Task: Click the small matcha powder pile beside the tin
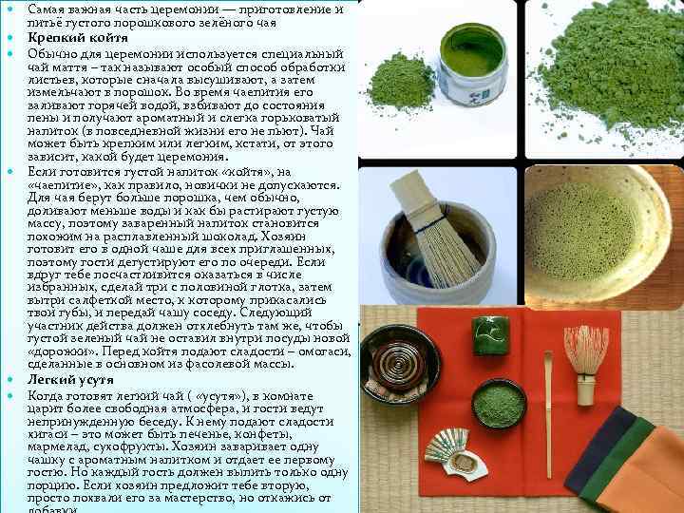point(400,81)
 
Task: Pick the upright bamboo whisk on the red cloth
point(586,362)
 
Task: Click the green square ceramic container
point(491,336)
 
